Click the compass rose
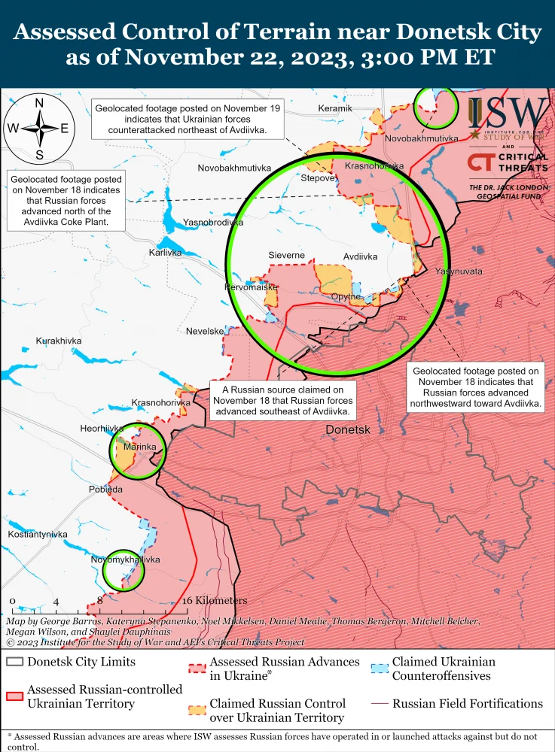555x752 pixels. pyautogui.click(x=39, y=128)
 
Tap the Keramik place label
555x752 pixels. pyautogui.click(x=335, y=109)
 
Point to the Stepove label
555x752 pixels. pyautogui.click(x=317, y=179)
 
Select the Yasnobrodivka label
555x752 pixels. pyautogui.click(x=214, y=223)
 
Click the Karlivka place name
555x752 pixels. pyautogui.click(x=165, y=253)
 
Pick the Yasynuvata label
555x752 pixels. pyautogui.click(x=459, y=271)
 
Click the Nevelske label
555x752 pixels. pyautogui.click(x=205, y=331)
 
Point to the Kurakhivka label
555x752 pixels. pyautogui.click(x=59, y=341)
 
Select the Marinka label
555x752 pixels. pyautogui.click(x=139, y=447)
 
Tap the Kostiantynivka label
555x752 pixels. pyautogui.click(x=38, y=534)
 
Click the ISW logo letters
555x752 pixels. pyautogui.click(x=517, y=113)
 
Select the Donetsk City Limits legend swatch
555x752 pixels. pyautogui.click(x=14, y=663)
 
